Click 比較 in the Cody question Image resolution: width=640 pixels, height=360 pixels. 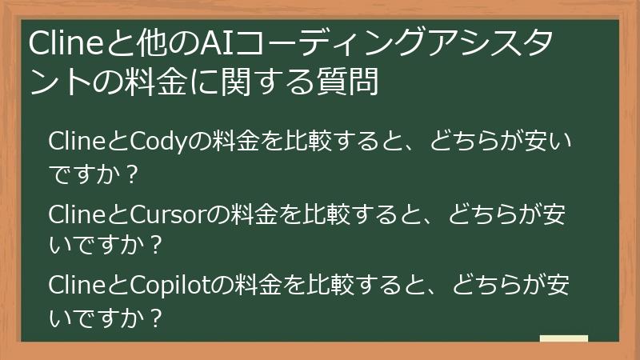pos(312,142)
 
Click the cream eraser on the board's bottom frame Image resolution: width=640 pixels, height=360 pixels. pos(564,339)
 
